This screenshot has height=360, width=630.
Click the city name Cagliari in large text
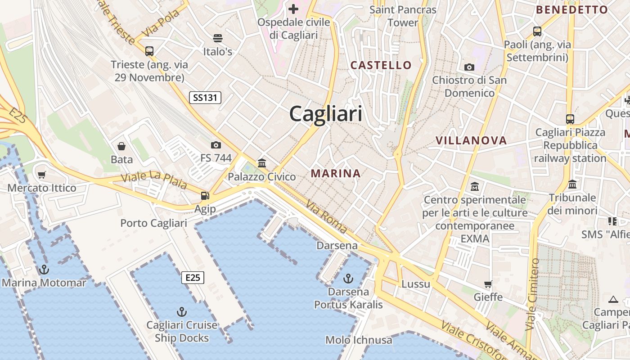pos(325,113)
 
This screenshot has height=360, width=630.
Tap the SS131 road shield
pos(205,97)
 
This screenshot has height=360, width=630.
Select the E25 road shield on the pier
pos(193,278)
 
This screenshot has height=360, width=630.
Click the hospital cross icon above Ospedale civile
pos(293,9)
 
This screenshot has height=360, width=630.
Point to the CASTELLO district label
pos(381,65)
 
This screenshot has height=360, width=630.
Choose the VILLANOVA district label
pos(471,140)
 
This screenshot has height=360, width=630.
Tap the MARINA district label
pos(336,173)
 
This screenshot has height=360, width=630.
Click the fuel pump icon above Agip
pos(205,196)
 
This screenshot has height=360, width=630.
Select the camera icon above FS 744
pos(216,145)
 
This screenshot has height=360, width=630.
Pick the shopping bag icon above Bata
pos(121,146)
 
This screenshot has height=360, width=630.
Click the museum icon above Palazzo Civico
pos(262,163)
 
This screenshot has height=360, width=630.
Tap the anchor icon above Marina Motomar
pos(44,270)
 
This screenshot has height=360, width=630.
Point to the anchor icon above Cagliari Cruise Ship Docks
pos(182,311)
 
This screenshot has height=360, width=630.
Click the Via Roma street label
pos(326,217)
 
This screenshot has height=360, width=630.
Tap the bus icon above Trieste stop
pos(149,51)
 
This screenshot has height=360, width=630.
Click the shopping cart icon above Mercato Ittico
pos(42,175)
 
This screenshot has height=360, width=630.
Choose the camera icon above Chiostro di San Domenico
pos(469,67)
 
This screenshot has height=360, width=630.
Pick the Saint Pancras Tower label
pos(403,16)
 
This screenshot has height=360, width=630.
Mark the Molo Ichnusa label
pos(359,340)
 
